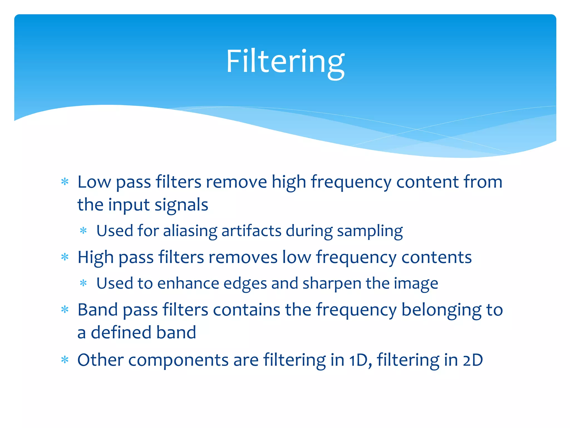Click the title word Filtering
285,62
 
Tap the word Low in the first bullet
94,182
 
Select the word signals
181,205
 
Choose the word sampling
370,231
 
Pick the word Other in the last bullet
100,360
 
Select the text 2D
473,360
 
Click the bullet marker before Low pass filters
65,182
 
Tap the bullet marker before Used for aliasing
83,231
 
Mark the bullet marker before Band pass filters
65,310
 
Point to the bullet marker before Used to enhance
83,283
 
